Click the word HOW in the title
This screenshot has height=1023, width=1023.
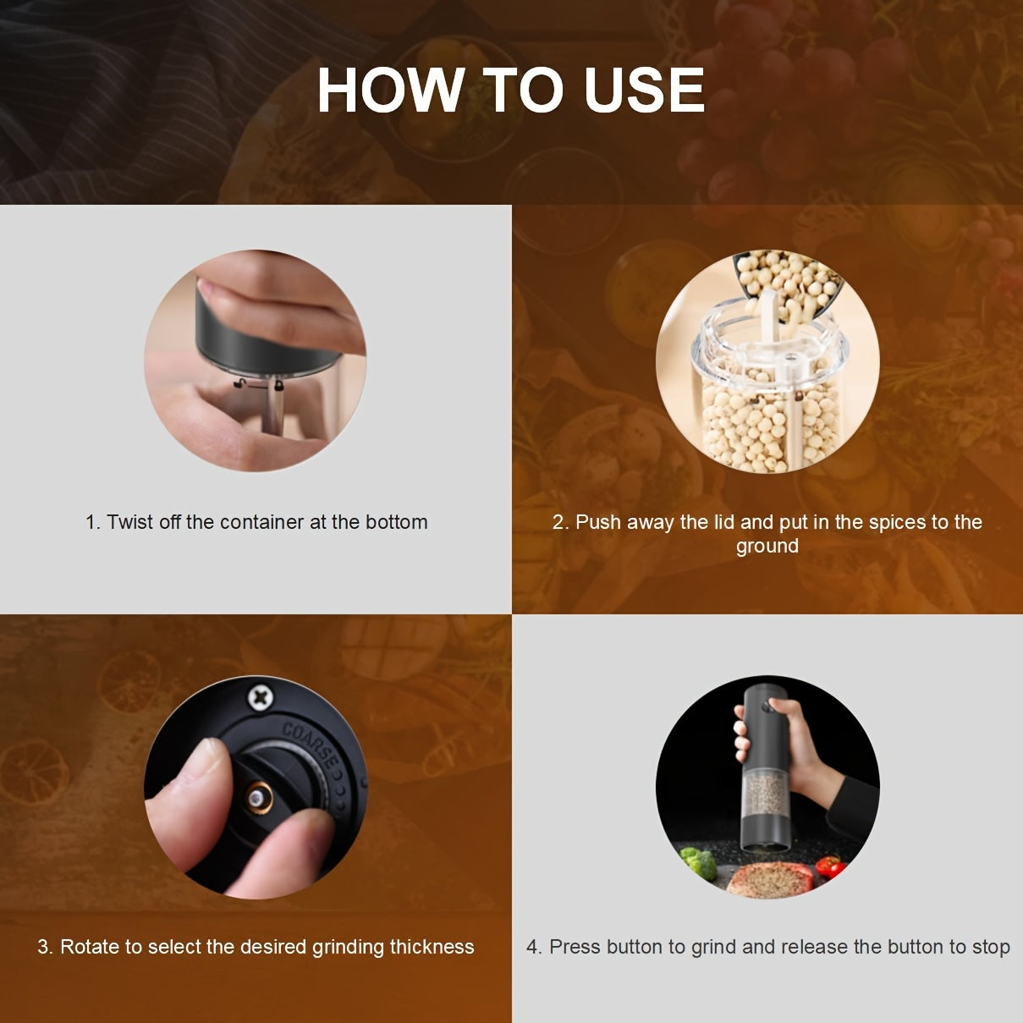392,90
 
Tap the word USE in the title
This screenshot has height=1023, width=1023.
644,90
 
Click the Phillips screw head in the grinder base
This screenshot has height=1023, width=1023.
261,697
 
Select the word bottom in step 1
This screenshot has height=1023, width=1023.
397,522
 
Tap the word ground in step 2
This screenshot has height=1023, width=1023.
767,547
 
